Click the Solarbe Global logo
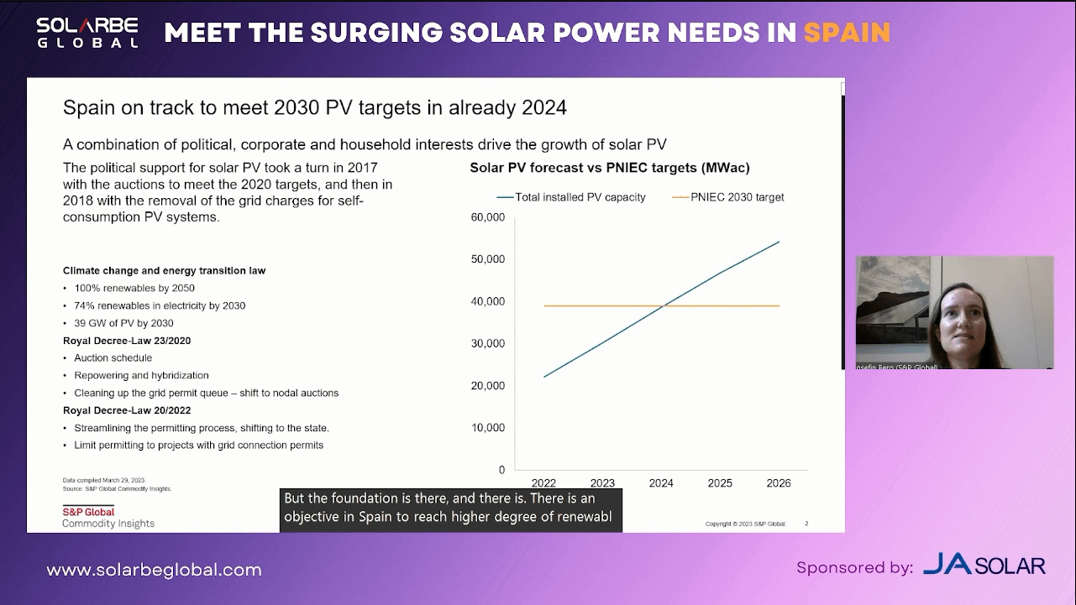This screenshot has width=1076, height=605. [x=87, y=33]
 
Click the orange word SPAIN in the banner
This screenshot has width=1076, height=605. [x=847, y=33]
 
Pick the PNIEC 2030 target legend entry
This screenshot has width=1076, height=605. [x=728, y=197]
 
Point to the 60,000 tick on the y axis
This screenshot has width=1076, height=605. [x=487, y=217]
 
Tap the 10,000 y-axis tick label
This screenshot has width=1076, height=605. [x=487, y=428]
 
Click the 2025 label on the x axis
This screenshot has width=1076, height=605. [x=720, y=483]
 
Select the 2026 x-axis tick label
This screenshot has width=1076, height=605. [x=779, y=483]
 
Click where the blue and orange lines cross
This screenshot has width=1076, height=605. [x=664, y=305]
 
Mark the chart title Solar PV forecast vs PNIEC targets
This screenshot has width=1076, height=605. [x=610, y=168]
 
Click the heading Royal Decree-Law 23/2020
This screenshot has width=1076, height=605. [x=127, y=341]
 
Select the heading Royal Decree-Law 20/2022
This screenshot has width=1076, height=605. [x=127, y=410]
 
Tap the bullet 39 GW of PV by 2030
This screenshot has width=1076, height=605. [x=123, y=323]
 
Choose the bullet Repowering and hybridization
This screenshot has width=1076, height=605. [x=141, y=376]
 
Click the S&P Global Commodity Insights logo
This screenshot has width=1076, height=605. [x=108, y=518]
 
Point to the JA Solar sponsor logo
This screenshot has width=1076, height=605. [x=984, y=566]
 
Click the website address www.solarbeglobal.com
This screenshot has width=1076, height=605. [x=154, y=571]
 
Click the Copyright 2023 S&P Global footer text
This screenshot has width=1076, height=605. [x=745, y=524]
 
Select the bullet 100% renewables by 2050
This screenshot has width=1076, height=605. [x=134, y=288]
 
